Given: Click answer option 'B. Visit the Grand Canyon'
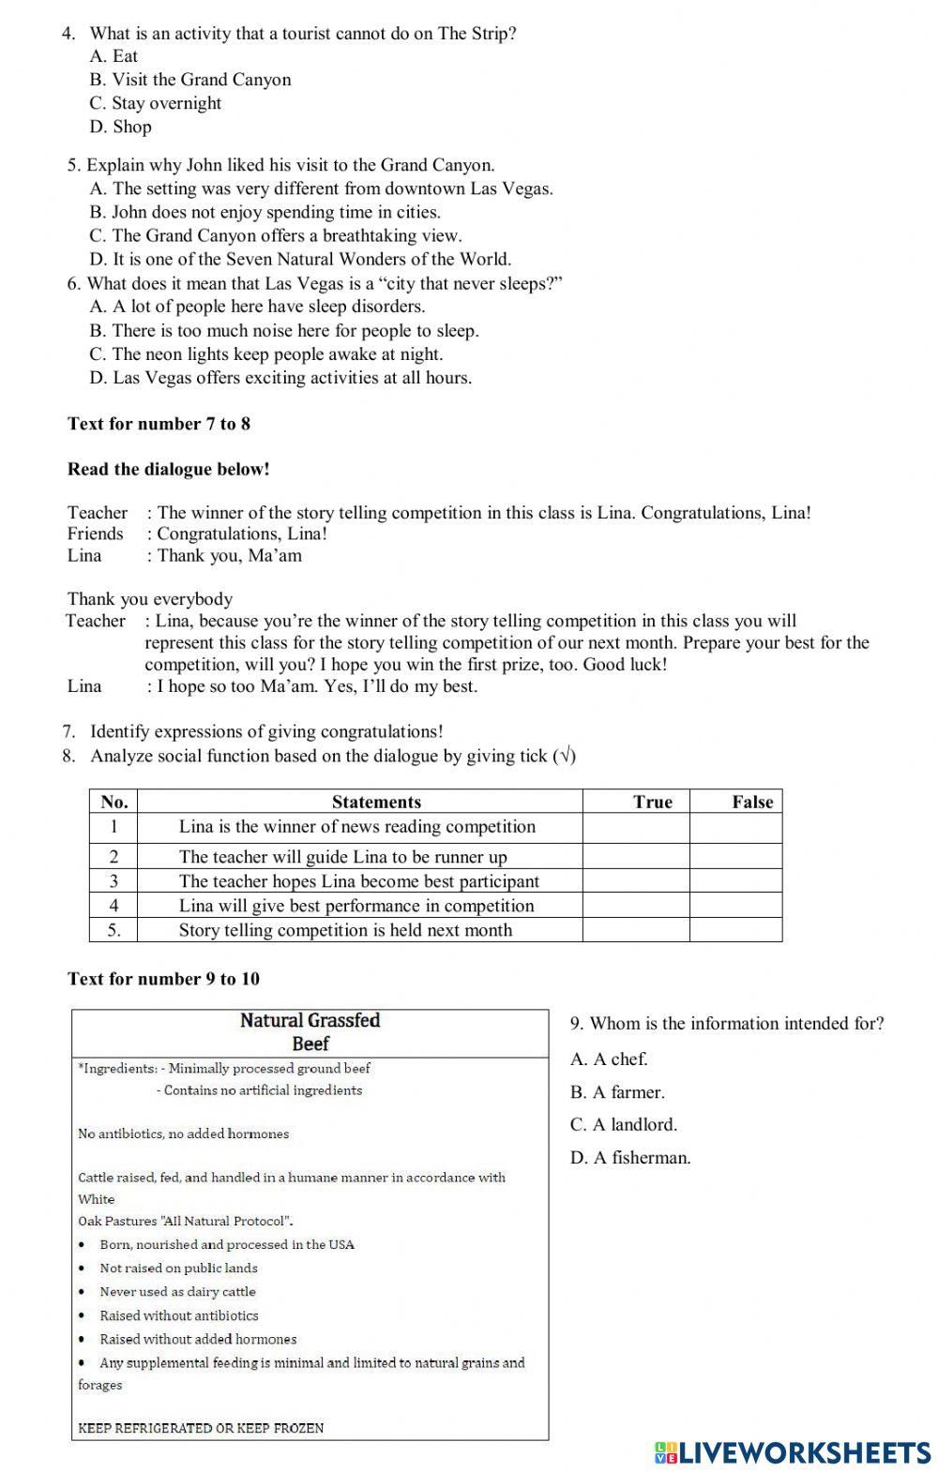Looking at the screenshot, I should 190,80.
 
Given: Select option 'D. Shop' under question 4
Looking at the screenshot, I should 120,127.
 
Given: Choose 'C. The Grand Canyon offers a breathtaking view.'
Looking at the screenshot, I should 276,235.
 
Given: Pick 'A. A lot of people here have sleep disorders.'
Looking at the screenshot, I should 257,307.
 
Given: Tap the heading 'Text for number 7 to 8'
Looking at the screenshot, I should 159,424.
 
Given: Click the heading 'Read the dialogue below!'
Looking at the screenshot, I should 168,470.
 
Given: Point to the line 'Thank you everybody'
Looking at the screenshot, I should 150,599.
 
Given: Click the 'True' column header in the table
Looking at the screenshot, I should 652,802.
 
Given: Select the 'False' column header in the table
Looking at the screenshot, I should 751,802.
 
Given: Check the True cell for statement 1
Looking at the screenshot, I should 636,827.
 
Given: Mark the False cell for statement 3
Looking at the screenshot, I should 735,881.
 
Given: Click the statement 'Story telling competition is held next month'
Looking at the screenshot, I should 345,930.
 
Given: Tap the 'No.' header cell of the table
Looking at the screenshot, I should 113,802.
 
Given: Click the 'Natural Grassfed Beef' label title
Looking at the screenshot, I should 310,1031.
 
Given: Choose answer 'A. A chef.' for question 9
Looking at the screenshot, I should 609,1059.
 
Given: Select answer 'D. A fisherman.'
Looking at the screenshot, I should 630,1158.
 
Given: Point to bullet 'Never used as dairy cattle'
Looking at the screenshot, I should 177,1292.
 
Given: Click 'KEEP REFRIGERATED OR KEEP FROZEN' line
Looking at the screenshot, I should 201,1428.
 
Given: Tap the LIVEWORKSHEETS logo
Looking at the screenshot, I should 793,1452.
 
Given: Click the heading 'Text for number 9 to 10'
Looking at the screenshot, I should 163,979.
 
